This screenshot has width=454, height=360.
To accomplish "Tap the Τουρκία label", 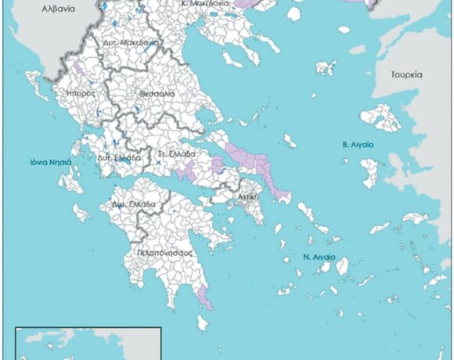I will [x=406, y=75].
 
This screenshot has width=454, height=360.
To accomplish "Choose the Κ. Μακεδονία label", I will [x=205, y=4].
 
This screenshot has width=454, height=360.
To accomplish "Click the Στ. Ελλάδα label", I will [x=171, y=153].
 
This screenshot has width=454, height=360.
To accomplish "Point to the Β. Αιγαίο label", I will [x=357, y=145].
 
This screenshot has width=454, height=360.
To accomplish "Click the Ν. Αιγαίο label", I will [x=319, y=257].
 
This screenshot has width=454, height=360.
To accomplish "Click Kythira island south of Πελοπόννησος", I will [x=203, y=322].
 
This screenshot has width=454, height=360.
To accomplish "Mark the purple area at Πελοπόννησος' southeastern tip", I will [x=205, y=297].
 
